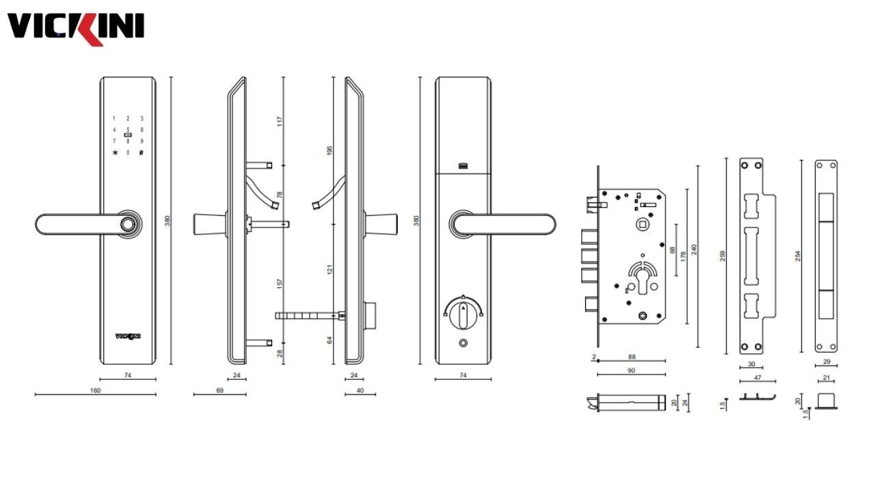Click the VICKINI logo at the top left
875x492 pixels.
tap(75, 27)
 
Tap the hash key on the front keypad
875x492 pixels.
tap(142, 152)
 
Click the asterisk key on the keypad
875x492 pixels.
tap(114, 152)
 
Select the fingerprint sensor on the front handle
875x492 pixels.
tap(127, 225)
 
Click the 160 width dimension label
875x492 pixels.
tap(95, 390)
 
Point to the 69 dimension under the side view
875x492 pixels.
tap(219, 390)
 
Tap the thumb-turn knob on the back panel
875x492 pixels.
tap(463, 310)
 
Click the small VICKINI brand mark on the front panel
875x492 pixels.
tap(127, 336)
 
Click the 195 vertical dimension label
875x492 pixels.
tap(329, 150)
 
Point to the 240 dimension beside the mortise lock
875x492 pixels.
tap(695, 249)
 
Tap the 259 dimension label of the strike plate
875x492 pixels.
tap(723, 256)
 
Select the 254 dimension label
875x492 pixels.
tap(797, 256)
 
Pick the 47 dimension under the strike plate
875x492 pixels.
tap(758, 377)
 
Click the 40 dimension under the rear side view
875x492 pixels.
tap(360, 390)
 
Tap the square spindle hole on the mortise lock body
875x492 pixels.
tap(642, 225)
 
